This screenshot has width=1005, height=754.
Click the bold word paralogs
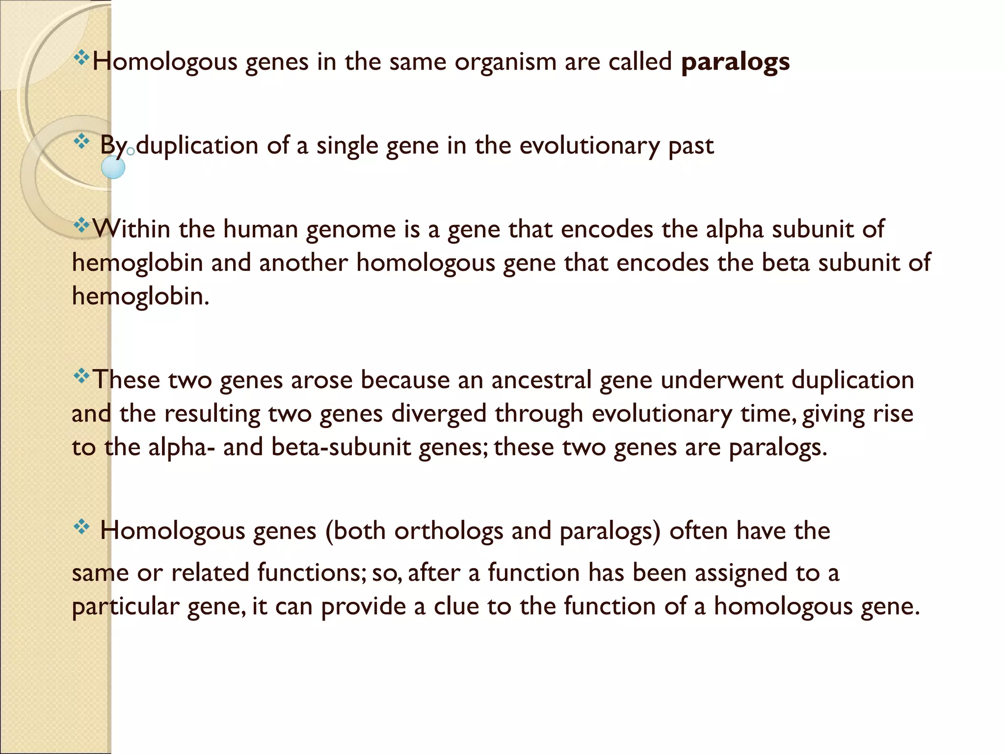[x=735, y=62]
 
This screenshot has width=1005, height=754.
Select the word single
[x=347, y=146]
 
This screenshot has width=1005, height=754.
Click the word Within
[x=131, y=229]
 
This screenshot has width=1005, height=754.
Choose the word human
[x=261, y=229]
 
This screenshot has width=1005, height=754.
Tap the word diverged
[x=439, y=414]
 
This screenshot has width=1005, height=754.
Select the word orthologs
[x=449, y=531]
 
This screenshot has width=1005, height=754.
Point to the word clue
[x=456, y=606]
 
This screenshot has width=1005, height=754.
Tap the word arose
[x=321, y=380]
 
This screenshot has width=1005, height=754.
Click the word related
[x=211, y=573]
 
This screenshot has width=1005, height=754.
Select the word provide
[x=364, y=607]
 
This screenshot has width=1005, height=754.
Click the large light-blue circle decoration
[x=113, y=167]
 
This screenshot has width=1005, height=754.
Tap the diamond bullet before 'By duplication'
[x=81, y=142]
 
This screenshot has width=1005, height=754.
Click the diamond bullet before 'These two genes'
[x=81, y=377]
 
